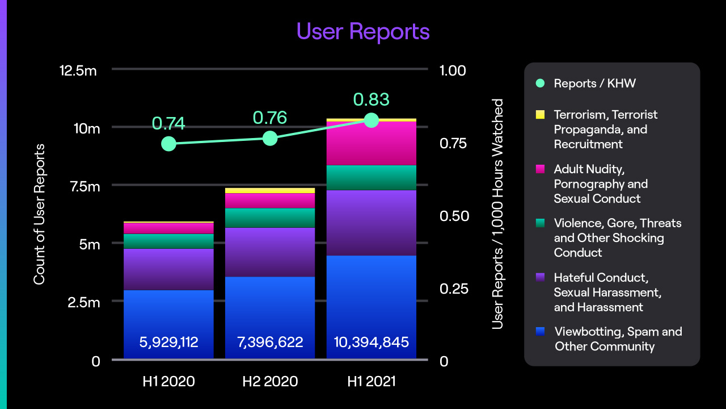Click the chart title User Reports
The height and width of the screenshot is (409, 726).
point(363,31)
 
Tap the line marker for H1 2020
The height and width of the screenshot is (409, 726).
point(168,144)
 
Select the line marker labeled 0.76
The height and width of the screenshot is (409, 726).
point(270,139)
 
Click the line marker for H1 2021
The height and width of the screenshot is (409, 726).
point(372,120)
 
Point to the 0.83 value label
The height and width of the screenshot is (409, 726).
point(372,99)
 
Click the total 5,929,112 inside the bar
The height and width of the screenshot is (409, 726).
point(168,343)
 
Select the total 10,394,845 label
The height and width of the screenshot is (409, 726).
point(372,343)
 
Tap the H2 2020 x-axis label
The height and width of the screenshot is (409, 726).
point(270,381)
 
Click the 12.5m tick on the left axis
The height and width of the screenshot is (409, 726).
point(79,70)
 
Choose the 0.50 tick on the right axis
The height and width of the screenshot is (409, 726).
point(453,216)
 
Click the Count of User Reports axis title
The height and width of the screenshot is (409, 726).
point(39,214)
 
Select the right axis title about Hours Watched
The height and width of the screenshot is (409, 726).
point(497,214)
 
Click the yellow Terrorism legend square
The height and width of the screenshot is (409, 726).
point(540,115)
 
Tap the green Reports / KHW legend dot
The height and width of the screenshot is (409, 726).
point(540,84)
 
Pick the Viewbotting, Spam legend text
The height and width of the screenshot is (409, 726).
point(618,339)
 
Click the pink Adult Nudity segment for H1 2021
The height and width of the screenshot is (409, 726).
point(372,143)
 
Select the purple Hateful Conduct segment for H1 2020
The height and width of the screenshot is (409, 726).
point(168,269)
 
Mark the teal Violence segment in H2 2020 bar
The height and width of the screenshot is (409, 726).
point(270,218)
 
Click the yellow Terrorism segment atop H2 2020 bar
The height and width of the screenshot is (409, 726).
point(270,191)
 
